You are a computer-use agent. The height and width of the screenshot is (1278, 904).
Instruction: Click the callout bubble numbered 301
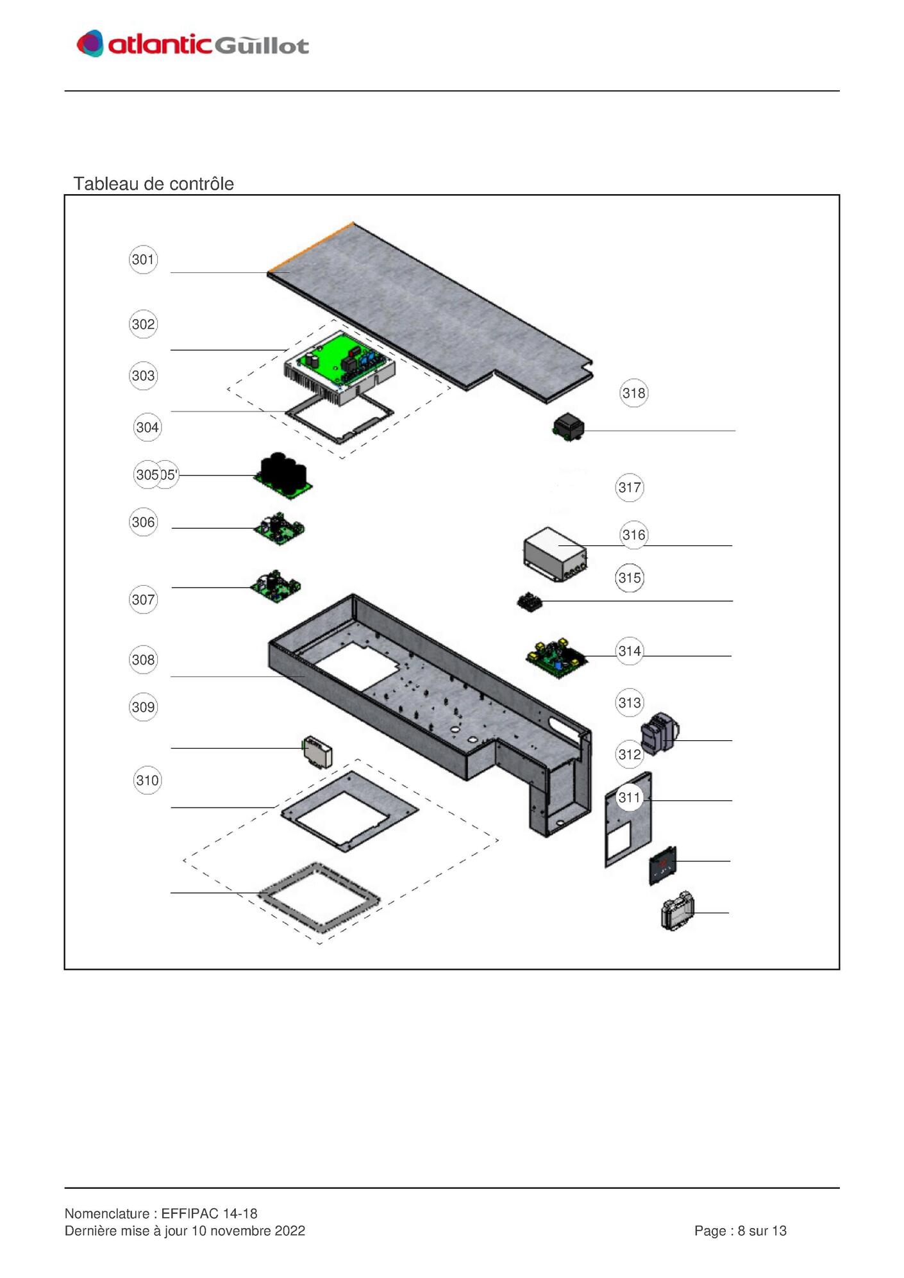pos(143,260)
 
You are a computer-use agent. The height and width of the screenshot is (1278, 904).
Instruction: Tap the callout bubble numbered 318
pos(634,393)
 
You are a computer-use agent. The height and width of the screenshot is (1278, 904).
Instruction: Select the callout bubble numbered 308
pos(143,660)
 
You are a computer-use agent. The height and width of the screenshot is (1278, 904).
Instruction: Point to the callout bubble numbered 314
pos(630,651)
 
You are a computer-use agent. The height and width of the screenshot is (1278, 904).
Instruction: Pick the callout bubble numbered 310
pos(147,780)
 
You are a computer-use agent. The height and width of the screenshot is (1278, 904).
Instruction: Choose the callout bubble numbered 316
pos(634,535)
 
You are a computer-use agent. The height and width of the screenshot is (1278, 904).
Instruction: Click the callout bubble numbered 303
pos(143,376)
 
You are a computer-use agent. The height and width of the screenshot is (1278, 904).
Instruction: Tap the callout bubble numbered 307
pos(143,600)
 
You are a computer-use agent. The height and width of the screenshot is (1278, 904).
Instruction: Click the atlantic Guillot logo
pos(192,44)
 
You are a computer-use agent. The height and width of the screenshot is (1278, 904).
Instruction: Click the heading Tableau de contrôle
pos(154,184)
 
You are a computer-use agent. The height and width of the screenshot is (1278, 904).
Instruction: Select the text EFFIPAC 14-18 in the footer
pos(209,1213)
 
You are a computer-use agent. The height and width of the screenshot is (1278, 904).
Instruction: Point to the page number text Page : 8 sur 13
pos(741,1231)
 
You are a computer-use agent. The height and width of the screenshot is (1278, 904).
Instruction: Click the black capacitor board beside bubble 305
pos(283,476)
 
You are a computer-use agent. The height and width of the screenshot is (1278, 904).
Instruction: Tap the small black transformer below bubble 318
pos(569,426)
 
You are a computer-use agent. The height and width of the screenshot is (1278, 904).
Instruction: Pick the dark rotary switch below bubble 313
pos(660,732)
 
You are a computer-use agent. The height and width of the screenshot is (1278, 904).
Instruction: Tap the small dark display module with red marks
pos(663,865)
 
